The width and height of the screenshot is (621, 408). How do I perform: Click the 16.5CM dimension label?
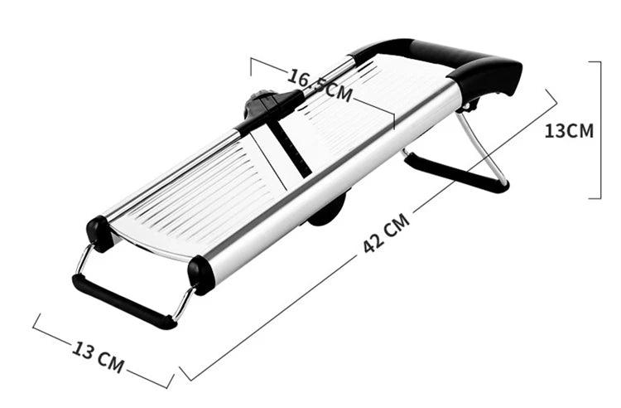tap(320, 84)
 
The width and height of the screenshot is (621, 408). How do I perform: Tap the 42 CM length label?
tap(386, 236)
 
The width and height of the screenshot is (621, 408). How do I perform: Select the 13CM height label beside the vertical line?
tap(569, 130)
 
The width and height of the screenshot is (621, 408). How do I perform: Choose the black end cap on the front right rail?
tap(201, 274)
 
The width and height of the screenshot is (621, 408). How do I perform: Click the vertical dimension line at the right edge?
tap(598, 130)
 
